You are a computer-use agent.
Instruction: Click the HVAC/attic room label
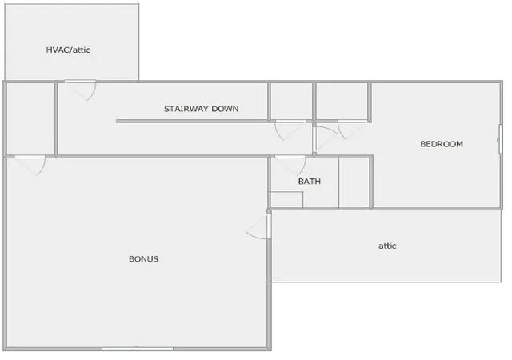coord(68,50)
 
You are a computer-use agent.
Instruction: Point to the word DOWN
coord(225,109)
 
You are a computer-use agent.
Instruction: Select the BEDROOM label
coord(442,144)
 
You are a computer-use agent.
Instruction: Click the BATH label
coord(310,182)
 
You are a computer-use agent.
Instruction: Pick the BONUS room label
coord(144,259)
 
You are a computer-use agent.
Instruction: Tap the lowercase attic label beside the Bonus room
coord(387,246)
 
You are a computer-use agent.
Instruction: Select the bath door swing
coord(290,166)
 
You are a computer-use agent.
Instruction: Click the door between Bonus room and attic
coord(258,226)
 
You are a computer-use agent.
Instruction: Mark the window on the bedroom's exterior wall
coord(500,139)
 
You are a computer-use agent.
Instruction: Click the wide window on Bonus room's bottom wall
coord(138,349)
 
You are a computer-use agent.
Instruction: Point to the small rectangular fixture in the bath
coord(286,200)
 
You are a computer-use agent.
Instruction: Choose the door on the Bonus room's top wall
coord(30,166)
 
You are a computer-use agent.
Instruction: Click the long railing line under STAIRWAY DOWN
coord(193,122)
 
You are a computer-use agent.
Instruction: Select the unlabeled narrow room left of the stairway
coord(30,118)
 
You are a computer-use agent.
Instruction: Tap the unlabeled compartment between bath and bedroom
coord(354,182)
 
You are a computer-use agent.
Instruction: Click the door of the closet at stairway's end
coord(290,130)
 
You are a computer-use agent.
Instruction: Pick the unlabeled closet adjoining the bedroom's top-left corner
coord(342,101)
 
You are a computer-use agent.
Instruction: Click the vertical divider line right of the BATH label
coord(338,182)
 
